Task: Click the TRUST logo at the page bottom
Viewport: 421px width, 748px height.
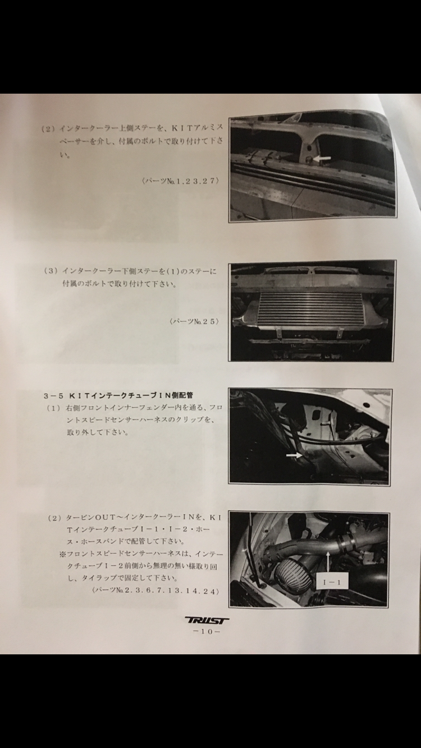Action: pos(207,621)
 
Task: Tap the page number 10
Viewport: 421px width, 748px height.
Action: pos(207,631)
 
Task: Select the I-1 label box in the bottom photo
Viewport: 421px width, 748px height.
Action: pos(332,583)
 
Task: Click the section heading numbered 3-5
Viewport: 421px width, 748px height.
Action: pos(118,395)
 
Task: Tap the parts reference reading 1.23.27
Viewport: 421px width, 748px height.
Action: pos(181,181)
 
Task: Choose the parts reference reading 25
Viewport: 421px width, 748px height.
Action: pos(194,321)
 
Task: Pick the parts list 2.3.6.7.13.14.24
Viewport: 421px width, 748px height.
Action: pos(156,590)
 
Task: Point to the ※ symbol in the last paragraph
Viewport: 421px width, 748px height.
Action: pos(62,554)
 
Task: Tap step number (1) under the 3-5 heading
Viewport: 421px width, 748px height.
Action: pos(53,408)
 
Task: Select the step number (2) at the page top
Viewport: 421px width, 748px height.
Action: pos(48,128)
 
